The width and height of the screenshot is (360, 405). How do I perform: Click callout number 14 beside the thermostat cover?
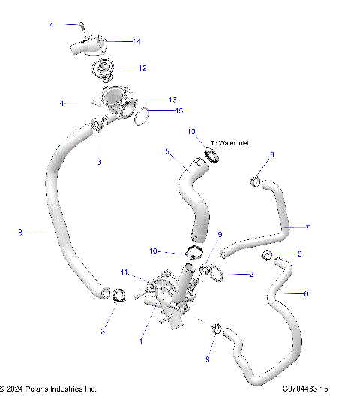click(136, 41)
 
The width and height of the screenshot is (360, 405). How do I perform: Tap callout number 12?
click(142, 67)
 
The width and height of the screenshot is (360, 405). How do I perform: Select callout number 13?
click(172, 99)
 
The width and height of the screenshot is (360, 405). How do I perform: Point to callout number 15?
click(178, 111)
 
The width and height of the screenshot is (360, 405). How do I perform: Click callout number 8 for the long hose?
click(20, 232)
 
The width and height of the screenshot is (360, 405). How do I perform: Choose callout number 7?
click(307, 226)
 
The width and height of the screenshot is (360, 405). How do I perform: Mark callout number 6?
click(305, 293)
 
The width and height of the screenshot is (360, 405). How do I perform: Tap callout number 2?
click(250, 274)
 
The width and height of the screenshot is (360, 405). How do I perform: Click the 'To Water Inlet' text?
click(229, 142)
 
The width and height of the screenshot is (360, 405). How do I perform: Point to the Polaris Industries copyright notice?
click(49, 389)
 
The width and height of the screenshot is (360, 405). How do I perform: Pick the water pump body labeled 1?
click(166, 296)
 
